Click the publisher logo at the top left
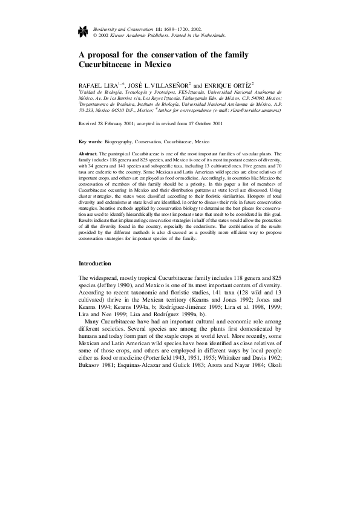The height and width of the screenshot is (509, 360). click(x=85, y=32)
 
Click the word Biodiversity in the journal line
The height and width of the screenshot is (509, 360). click(x=107, y=29)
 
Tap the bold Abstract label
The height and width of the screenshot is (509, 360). click(x=88, y=155)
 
